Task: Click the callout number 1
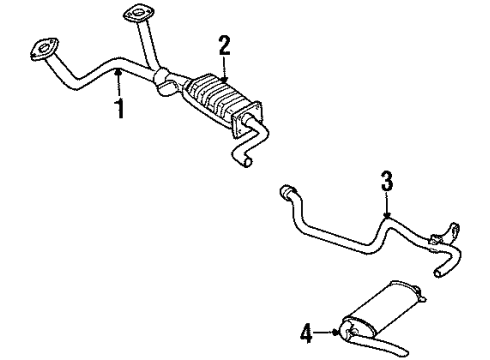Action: tap(119, 107)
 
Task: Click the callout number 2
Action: tap(224, 44)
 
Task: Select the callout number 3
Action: tap(387, 182)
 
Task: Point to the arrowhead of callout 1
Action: tap(117, 70)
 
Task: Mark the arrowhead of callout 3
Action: tap(386, 217)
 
